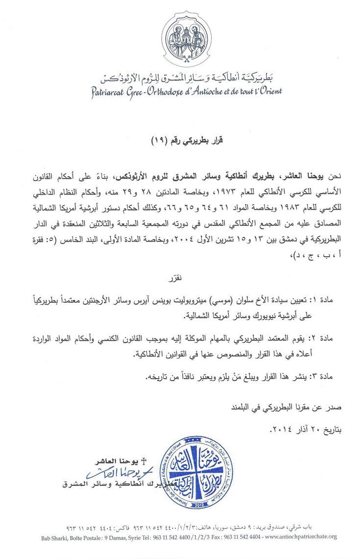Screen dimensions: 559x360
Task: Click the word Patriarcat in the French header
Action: click(110, 92)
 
